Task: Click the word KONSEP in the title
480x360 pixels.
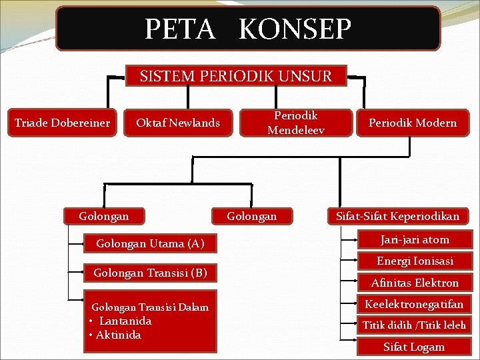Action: [x=294, y=29]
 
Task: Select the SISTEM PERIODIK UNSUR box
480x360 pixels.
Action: [x=236, y=76]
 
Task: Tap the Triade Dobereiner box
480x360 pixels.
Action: [x=63, y=123]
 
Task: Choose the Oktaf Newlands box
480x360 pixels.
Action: [x=178, y=123]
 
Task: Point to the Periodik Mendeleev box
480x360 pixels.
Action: [x=296, y=123]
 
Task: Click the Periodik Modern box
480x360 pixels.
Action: [x=413, y=123]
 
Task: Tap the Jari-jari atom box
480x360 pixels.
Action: [x=415, y=239]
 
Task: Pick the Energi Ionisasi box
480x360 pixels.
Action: [x=415, y=261]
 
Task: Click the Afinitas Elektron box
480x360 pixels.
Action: [x=415, y=283]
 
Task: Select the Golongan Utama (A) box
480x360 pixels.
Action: [x=150, y=243]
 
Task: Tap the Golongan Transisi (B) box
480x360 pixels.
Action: [x=150, y=273]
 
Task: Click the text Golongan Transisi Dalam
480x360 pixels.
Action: [x=150, y=307]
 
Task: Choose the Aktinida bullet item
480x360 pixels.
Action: [x=118, y=335]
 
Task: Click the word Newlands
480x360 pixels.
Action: [x=194, y=123]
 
